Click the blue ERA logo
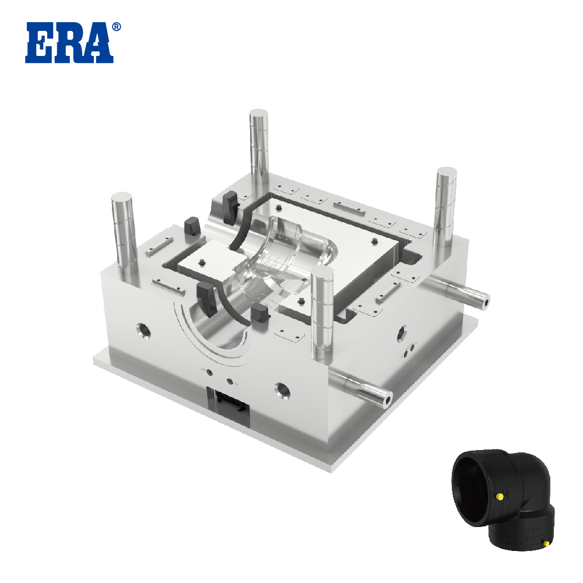[69, 43]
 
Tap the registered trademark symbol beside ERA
[117, 27]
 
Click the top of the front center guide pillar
[322, 271]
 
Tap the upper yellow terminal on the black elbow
[500, 496]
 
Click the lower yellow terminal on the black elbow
[546, 543]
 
